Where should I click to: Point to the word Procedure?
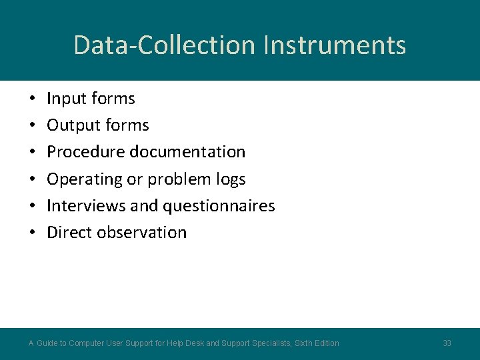pyautogui.click(x=86, y=152)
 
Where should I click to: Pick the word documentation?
pyautogui.click(x=187, y=152)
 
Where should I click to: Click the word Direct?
pyautogui.click(x=69, y=233)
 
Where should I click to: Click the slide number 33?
pyautogui.click(x=447, y=343)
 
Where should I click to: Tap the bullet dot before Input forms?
pyautogui.click(x=32, y=99)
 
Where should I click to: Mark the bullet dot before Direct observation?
pyautogui.click(x=32, y=233)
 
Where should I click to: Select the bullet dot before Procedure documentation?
pyautogui.click(x=32, y=153)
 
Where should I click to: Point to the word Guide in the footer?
pyautogui.click(x=47, y=343)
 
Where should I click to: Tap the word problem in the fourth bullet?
pyautogui.click(x=172, y=179)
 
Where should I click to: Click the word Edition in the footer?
pyautogui.click(x=325, y=343)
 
